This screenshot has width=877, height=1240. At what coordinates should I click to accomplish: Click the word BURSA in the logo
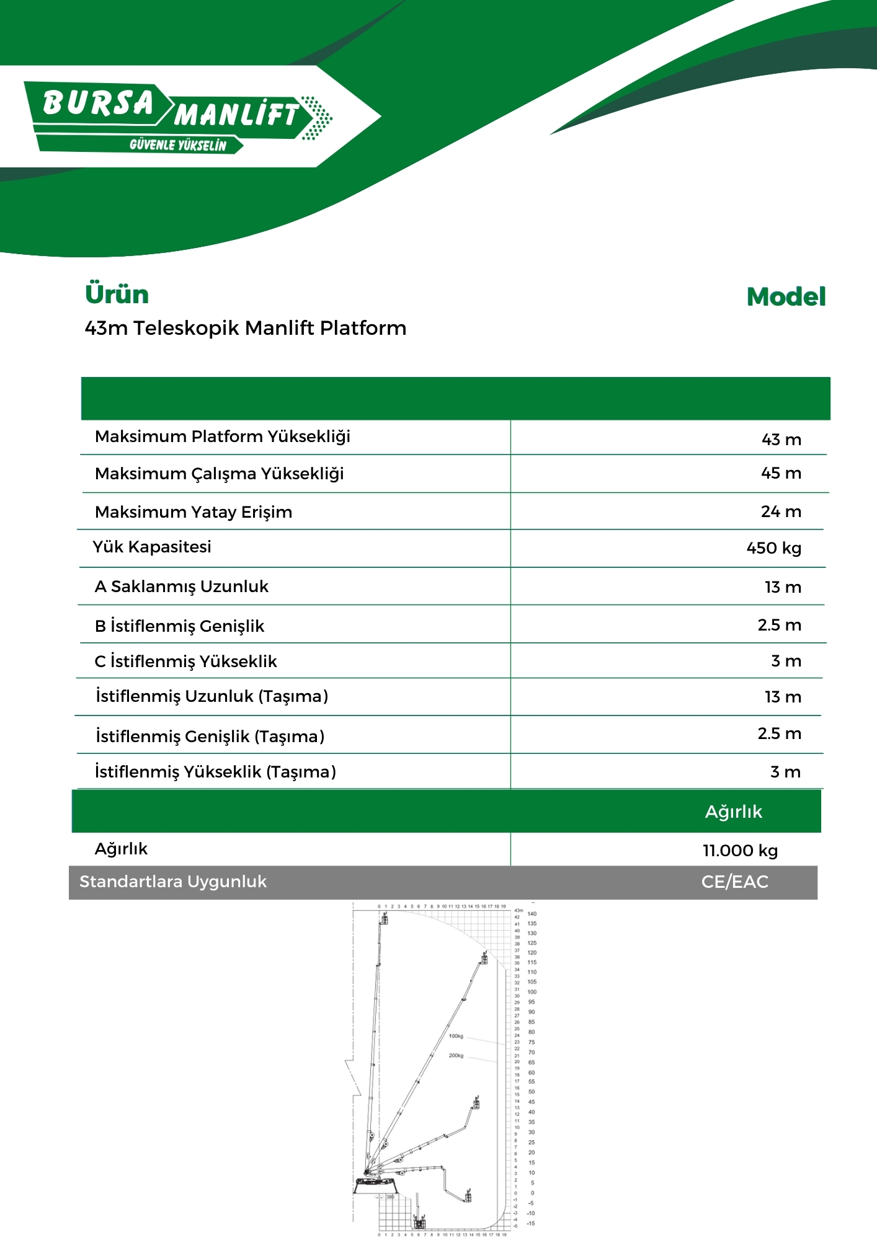tap(98, 104)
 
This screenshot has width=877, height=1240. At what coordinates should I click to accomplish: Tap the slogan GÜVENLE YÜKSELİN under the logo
tap(178, 145)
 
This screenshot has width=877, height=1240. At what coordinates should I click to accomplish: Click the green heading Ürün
tap(117, 294)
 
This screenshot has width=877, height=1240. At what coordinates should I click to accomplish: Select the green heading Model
tap(786, 297)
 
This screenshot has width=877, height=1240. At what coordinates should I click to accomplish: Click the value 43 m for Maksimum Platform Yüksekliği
tap(781, 440)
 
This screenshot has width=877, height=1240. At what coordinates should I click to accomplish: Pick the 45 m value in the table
tap(781, 473)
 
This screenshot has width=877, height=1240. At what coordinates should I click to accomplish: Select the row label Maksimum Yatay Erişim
tap(194, 512)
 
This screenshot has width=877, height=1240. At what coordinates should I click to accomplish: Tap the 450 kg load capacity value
tap(773, 548)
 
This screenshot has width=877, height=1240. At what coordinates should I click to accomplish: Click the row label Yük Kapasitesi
tap(152, 547)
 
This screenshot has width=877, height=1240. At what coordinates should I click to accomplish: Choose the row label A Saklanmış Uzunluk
tap(181, 587)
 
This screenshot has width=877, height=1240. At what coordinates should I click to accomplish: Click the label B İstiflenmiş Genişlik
tap(179, 626)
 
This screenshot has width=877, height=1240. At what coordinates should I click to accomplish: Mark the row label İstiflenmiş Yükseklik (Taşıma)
tap(215, 772)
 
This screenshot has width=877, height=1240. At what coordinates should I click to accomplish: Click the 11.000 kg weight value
tap(740, 851)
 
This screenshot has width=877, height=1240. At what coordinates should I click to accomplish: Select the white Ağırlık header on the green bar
tap(733, 812)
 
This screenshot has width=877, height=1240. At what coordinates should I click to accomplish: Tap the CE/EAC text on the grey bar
tap(734, 882)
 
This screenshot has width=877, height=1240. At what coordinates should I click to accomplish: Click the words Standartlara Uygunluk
tap(173, 882)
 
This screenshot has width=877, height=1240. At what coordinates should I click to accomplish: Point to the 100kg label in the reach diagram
tap(456, 1036)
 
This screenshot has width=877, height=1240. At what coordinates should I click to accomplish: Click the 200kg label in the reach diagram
tap(456, 1055)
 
